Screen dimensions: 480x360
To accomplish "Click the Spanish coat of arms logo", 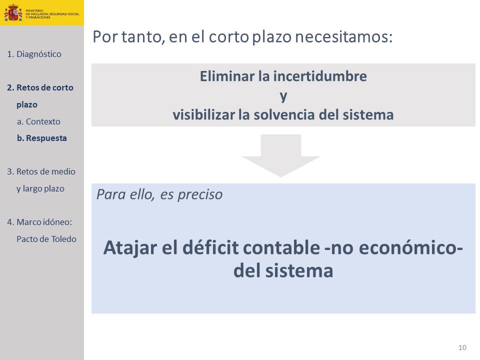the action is pyautogui.click(x=13, y=13).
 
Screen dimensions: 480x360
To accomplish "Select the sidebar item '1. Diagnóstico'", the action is pyautogui.click(x=34, y=54).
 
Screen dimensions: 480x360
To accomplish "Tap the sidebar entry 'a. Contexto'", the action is pyautogui.click(x=38, y=121).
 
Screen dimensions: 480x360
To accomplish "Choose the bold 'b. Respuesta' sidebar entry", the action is pyautogui.click(x=42, y=138).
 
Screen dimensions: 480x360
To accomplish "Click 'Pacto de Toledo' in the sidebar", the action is pyautogui.click(x=46, y=239).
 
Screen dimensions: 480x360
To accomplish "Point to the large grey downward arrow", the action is pyautogui.click(x=280, y=155).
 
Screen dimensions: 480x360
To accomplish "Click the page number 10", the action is pyautogui.click(x=462, y=347).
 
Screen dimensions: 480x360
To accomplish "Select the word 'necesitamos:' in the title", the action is pyautogui.click(x=344, y=37).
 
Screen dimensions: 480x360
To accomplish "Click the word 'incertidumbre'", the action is pyautogui.click(x=320, y=76).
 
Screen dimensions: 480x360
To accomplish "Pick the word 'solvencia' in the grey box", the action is pyautogui.click(x=284, y=115).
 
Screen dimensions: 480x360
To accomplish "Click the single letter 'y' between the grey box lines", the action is pyautogui.click(x=283, y=96).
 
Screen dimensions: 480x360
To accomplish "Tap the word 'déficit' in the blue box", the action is pyautogui.click(x=210, y=247).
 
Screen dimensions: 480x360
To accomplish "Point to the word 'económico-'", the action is pyautogui.click(x=411, y=247).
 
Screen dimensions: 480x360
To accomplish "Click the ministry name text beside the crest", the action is pyautogui.click(x=52, y=14).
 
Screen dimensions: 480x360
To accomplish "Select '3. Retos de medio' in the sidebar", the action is pyautogui.click(x=41, y=171).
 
